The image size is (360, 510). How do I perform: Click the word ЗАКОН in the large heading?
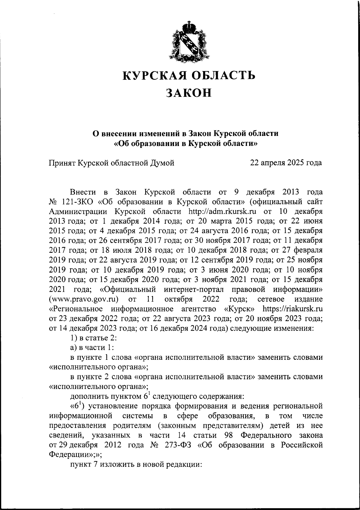tap(189, 93)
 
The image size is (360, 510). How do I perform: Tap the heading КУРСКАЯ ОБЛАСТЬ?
tap(189, 75)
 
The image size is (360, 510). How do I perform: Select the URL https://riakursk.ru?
tap(292, 309)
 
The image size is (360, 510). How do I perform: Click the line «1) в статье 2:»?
tap(93, 338)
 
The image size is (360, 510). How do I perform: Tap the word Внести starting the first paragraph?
tap(83, 192)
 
